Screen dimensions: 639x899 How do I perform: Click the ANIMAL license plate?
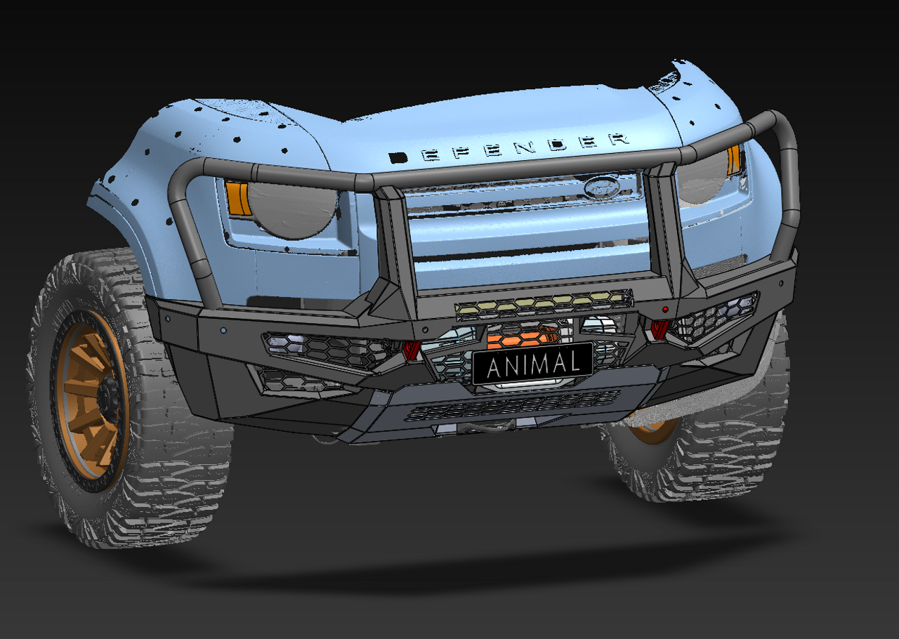pyautogui.click(x=532, y=364)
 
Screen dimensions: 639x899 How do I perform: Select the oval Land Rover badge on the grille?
pyautogui.click(x=601, y=187)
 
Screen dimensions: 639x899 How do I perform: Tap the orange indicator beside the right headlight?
pyautogui.click(x=734, y=160)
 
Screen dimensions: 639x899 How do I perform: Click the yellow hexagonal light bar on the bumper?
pyautogui.click(x=544, y=303)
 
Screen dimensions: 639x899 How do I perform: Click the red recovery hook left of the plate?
pyautogui.click(x=411, y=350)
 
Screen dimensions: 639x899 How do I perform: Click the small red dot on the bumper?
pyautogui.click(x=664, y=310)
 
